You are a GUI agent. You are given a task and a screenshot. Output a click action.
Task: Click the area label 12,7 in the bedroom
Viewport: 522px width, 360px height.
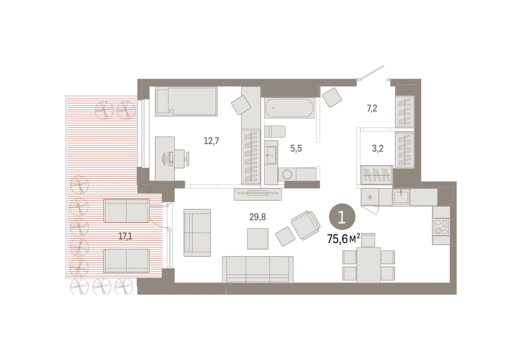tap(211, 141)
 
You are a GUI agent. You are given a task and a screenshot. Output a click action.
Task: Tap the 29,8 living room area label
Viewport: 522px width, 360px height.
tap(258, 217)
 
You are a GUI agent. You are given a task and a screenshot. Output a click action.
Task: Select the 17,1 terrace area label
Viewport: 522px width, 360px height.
tap(125, 237)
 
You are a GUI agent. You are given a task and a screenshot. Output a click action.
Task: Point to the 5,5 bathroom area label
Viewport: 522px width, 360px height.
tap(296, 148)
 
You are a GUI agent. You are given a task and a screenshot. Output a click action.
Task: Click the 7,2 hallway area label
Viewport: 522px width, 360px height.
tap(372, 108)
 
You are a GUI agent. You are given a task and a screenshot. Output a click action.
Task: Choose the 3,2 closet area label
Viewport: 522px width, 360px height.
tap(378, 148)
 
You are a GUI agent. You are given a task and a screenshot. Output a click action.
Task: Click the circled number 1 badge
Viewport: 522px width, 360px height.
tap(342, 217)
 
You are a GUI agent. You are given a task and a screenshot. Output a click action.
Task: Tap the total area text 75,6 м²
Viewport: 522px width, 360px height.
tap(344, 239)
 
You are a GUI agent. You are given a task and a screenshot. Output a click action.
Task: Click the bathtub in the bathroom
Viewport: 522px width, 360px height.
tap(290, 108)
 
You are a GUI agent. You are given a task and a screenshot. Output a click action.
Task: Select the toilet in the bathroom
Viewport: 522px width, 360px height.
tap(275, 132)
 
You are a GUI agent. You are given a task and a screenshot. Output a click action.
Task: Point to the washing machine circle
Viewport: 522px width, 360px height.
tap(287, 174)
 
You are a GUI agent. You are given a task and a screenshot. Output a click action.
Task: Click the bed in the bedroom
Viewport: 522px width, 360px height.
tap(186, 101)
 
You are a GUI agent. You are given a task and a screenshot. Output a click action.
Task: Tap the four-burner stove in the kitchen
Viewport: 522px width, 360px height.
tap(441, 226)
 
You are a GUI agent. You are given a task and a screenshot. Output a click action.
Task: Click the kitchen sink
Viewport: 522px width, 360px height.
tap(401, 197)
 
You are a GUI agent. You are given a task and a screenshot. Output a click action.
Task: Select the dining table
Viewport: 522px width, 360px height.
tap(369, 265)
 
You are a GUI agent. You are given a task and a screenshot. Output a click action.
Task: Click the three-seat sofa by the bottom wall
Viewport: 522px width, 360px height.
tap(258, 270)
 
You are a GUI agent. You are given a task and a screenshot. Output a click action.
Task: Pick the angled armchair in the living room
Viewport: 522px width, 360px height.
tap(305, 225)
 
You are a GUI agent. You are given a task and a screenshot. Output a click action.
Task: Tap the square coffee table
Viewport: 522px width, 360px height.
tap(258, 239)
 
